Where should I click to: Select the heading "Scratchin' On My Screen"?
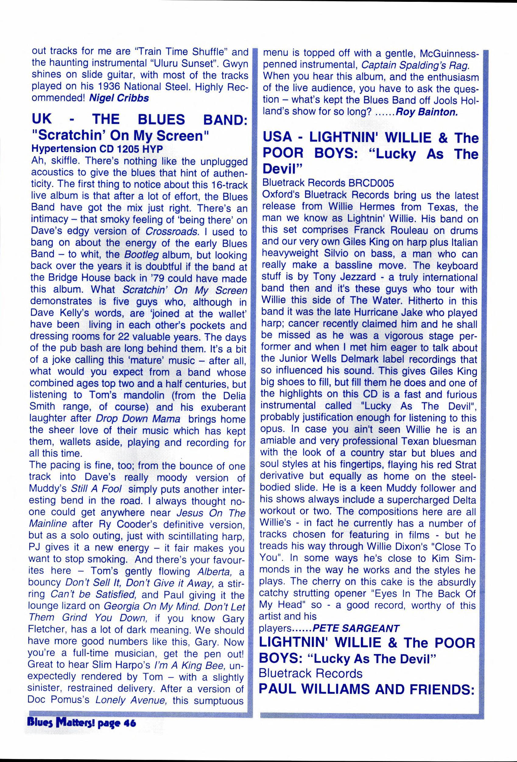[x=121, y=135]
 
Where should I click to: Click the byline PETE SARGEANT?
[x=356, y=628]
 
